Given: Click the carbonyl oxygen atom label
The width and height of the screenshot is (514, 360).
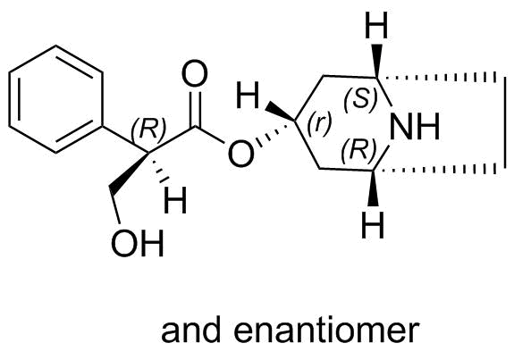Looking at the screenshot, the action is pyautogui.click(x=195, y=73).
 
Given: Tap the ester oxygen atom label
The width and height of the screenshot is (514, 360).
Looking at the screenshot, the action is pyautogui.click(x=241, y=154).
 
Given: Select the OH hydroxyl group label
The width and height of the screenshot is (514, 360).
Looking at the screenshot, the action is pyautogui.click(x=137, y=243).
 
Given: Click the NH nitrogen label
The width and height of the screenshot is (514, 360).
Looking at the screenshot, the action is pyautogui.click(x=415, y=127).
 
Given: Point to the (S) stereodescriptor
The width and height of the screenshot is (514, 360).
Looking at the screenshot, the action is pyautogui.click(x=360, y=98).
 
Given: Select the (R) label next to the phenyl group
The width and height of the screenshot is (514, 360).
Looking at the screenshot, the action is pyautogui.click(x=148, y=129).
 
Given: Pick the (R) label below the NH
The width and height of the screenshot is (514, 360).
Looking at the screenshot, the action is pyautogui.click(x=358, y=151).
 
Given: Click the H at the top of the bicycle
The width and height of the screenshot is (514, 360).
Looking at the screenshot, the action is pyautogui.click(x=376, y=25).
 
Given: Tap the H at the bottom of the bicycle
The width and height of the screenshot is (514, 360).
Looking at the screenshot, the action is pyautogui.click(x=373, y=225).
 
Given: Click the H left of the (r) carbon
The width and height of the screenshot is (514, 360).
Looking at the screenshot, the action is pyautogui.click(x=248, y=95).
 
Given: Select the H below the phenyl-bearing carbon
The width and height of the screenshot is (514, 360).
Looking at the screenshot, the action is pyautogui.click(x=175, y=199).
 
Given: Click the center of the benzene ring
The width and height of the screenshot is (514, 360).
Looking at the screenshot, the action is pyautogui.click(x=55, y=99).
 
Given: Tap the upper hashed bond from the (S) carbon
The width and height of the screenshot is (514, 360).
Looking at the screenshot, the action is pyautogui.click(x=440, y=78).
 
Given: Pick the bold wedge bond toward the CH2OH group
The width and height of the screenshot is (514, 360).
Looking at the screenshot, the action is pyautogui.click(x=129, y=172).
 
